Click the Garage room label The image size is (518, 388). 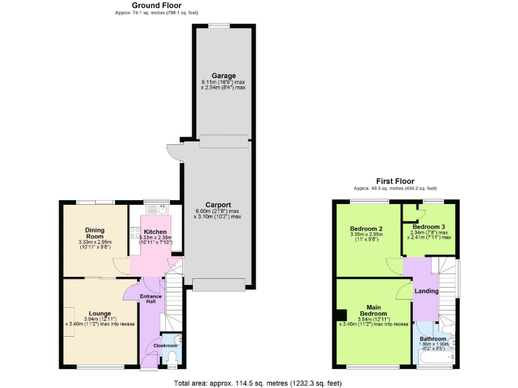click(223, 75)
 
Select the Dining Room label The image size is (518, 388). click(94, 233)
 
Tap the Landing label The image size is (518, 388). click(426, 291)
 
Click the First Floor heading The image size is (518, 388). click(395, 181)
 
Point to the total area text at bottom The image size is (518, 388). click(258, 382)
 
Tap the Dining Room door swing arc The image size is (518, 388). click(119, 267)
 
